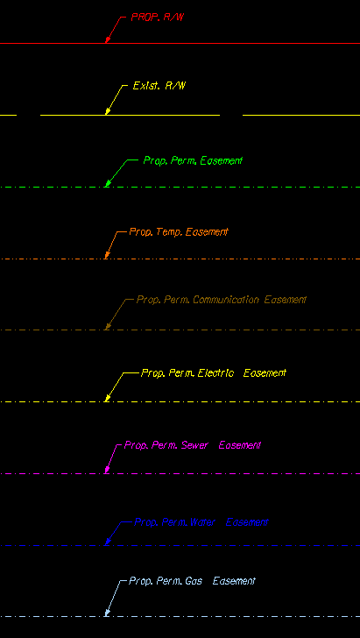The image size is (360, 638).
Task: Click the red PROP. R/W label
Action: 159,18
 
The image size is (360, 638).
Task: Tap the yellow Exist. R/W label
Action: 159,86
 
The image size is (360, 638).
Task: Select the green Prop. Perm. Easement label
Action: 193,160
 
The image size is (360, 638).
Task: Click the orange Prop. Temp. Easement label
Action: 179,232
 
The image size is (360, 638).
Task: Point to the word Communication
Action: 226,300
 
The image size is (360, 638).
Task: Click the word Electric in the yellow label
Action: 215,373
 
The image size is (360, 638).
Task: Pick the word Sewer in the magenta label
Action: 194,445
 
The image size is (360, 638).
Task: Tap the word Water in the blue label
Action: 202,522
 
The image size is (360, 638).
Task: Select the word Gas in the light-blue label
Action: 194,581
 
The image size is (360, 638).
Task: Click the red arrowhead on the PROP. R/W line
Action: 108,39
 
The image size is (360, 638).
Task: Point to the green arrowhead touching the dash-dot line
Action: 108,183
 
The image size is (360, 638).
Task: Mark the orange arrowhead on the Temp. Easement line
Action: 107,255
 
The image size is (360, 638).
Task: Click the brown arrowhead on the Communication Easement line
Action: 108,326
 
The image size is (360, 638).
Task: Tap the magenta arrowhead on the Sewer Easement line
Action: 107,470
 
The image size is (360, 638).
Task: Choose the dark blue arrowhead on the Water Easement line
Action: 108,542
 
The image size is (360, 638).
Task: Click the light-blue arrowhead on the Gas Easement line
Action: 108,613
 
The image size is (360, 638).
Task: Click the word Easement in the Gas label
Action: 234,581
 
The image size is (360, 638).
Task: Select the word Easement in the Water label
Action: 247,522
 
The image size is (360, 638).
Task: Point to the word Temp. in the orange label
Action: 169,232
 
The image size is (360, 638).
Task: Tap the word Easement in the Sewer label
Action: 240,445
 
